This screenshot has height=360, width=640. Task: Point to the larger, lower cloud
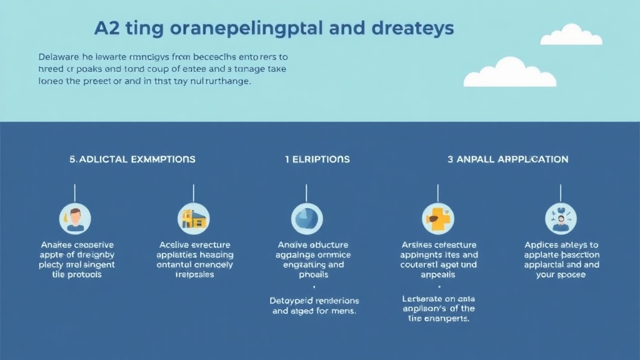click(x=510, y=73)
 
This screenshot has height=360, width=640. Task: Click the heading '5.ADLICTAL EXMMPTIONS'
click(x=132, y=159)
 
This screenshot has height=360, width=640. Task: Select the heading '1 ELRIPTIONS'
click(x=317, y=159)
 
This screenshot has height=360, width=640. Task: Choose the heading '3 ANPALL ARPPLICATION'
click(x=508, y=159)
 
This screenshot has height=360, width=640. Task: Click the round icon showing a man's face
click(x=76, y=218)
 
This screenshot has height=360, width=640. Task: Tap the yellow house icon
click(x=194, y=218)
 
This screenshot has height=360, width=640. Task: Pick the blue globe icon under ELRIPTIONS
click(x=307, y=218)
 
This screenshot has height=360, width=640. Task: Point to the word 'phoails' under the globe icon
click(x=313, y=275)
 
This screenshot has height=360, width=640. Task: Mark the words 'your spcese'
click(x=561, y=275)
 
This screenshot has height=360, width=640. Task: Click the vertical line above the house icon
click(x=194, y=192)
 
